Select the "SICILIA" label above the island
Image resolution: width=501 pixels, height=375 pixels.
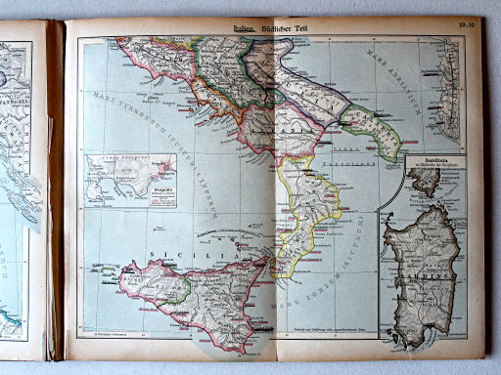click(x=173, y=250)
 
